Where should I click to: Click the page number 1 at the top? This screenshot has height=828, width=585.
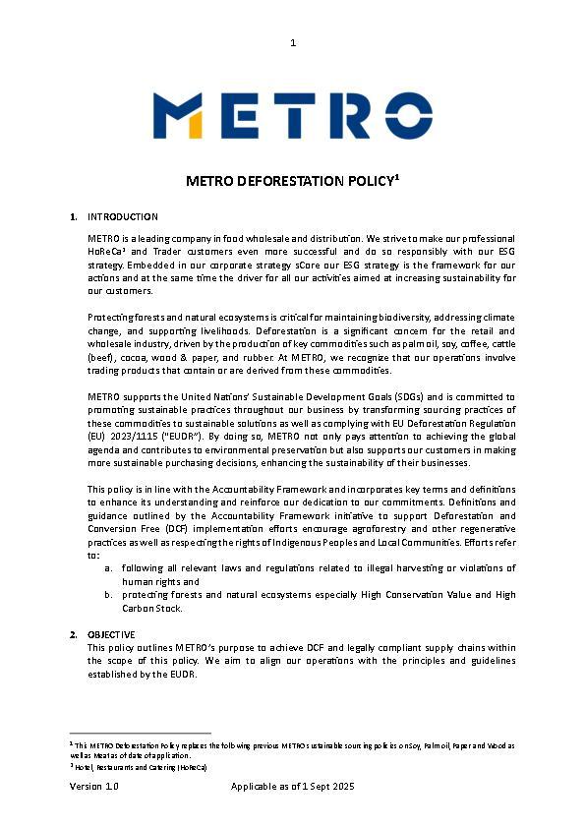[293, 42]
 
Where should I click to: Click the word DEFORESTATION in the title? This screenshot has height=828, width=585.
[273, 181]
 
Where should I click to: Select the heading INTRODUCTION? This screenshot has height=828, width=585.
[123, 216]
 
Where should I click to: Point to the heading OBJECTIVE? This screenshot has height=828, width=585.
[111, 634]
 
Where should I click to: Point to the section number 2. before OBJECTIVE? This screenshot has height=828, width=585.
[74, 634]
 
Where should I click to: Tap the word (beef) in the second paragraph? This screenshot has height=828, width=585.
[101, 358]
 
